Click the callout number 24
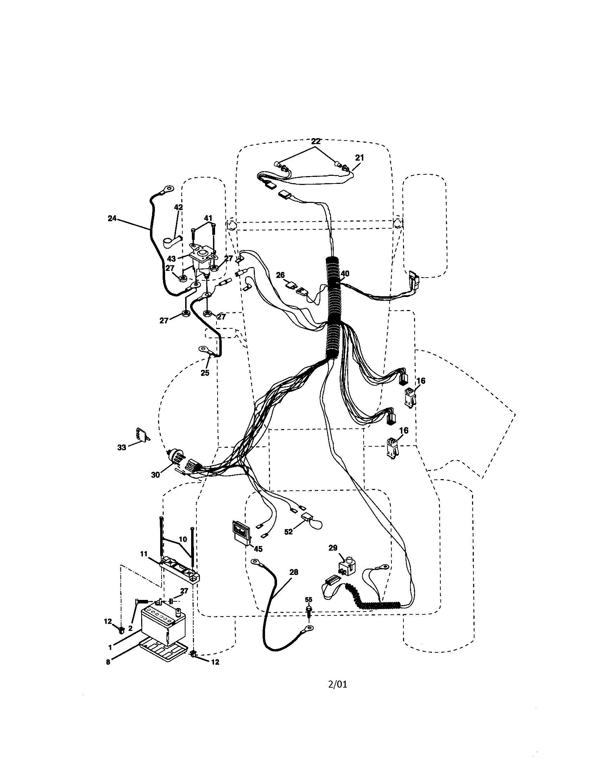(112, 219)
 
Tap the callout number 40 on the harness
(345, 273)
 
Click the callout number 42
(178, 207)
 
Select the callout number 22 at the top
(315, 141)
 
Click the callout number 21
(359, 157)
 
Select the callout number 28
(294, 572)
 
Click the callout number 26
(280, 275)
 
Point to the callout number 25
(205, 373)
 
